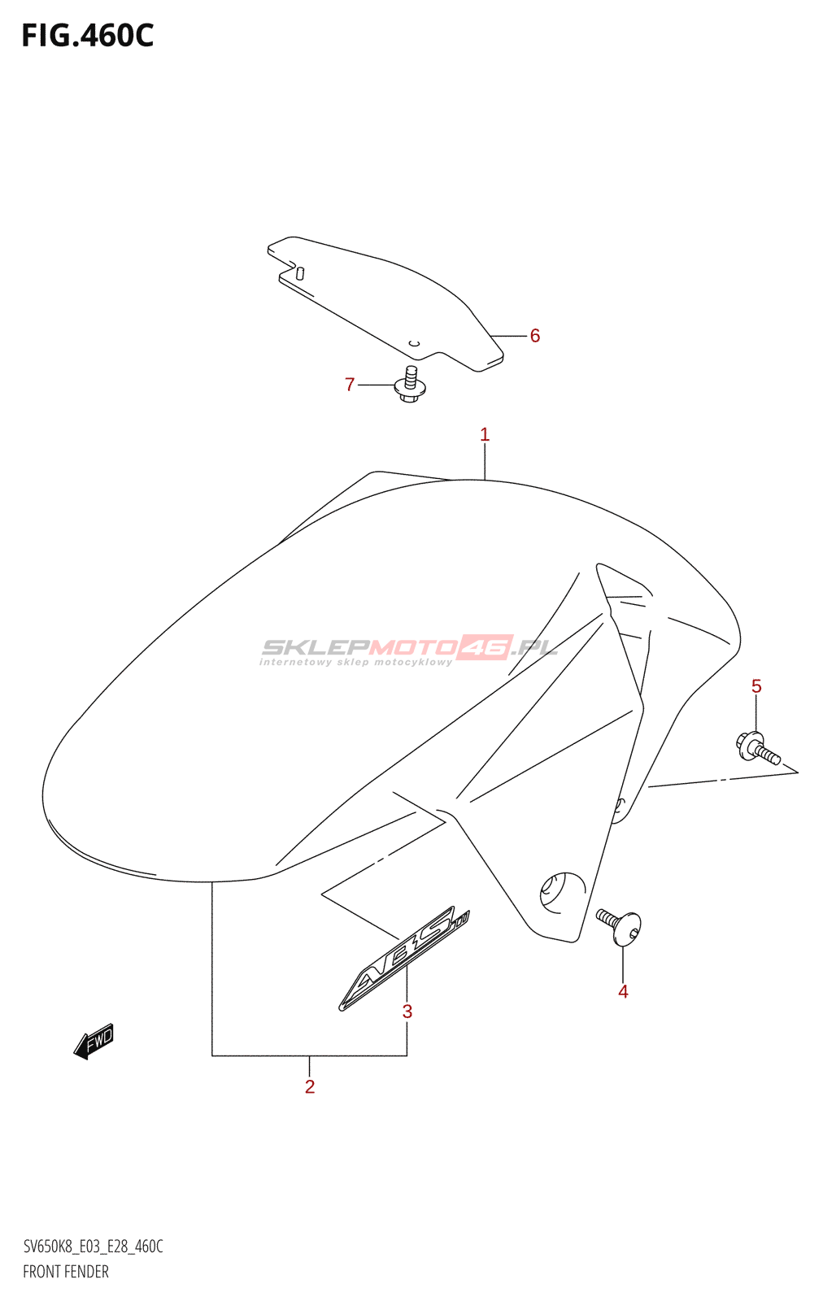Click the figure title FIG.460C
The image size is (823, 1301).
[88, 36]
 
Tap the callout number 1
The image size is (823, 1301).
[485, 435]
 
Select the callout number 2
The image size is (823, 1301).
[310, 1087]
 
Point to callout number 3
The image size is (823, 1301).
[407, 1012]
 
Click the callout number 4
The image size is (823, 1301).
[623, 992]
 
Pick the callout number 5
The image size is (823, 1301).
[756, 686]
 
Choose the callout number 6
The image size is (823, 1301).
[535, 336]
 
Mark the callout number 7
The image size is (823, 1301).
[350, 385]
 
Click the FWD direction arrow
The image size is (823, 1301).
[94, 1041]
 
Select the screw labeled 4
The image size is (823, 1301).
[621, 926]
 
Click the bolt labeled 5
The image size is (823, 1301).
[757, 748]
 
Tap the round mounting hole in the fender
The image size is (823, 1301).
[562, 892]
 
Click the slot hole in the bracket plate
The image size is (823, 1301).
[299, 273]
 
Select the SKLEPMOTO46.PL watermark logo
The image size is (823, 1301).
[409, 647]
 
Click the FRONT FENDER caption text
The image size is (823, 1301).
[66, 1272]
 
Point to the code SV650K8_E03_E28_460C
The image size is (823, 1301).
[93, 1247]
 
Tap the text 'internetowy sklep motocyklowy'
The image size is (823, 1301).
[355, 663]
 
